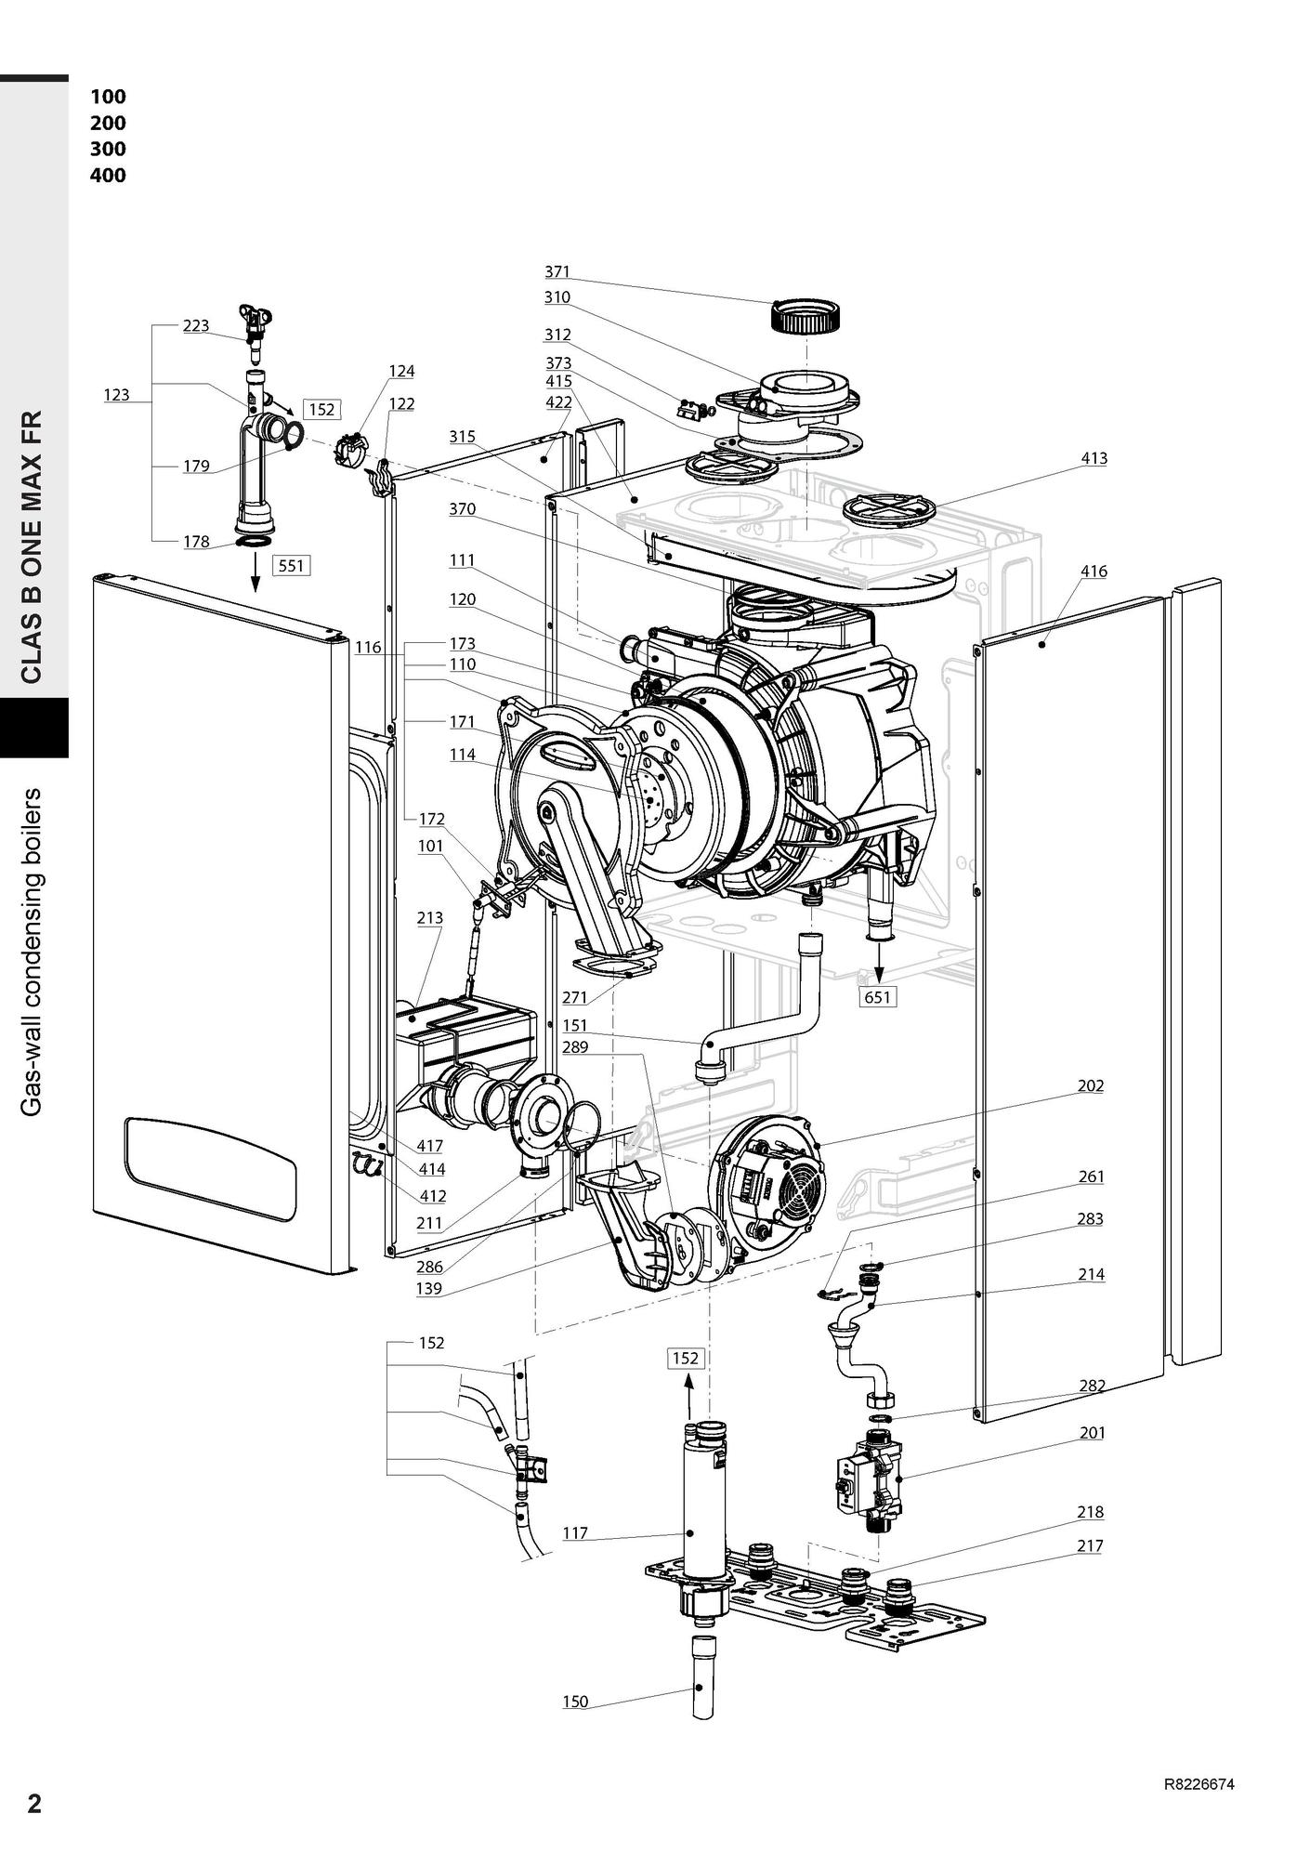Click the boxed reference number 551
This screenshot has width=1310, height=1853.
[291, 564]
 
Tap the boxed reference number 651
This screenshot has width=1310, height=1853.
[877, 997]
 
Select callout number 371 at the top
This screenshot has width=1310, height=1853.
[557, 271]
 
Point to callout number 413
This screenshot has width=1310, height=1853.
[1094, 458]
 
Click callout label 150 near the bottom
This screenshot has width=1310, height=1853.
[575, 1702]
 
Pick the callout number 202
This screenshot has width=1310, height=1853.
[1091, 1085]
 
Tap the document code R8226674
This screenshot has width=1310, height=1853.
[1199, 1784]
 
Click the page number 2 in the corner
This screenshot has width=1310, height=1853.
[34, 1804]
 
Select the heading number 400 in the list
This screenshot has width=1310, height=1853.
[108, 175]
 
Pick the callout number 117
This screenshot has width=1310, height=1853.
[575, 1533]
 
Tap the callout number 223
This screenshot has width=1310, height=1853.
[195, 325]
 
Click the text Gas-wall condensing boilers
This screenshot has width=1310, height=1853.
[33, 952]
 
